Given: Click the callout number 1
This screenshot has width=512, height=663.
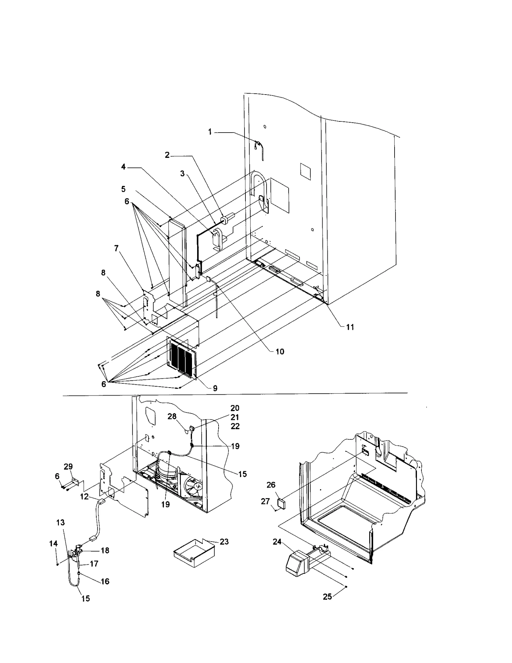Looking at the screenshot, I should (210, 132).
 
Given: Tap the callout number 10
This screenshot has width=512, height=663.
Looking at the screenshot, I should (280, 351).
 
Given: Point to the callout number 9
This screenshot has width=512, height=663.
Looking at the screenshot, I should (215, 388).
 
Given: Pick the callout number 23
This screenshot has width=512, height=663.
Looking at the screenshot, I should (224, 542).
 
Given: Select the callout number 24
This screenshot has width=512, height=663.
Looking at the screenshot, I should (277, 541).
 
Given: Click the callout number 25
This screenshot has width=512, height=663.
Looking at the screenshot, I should (327, 597).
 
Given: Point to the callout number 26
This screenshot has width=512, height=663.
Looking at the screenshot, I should (271, 485).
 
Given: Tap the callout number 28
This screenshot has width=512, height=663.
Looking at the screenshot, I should (172, 416).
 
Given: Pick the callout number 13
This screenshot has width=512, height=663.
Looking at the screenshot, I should (60, 522).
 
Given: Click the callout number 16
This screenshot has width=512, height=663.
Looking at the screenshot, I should (105, 581).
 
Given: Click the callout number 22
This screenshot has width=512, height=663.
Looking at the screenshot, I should (235, 427).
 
